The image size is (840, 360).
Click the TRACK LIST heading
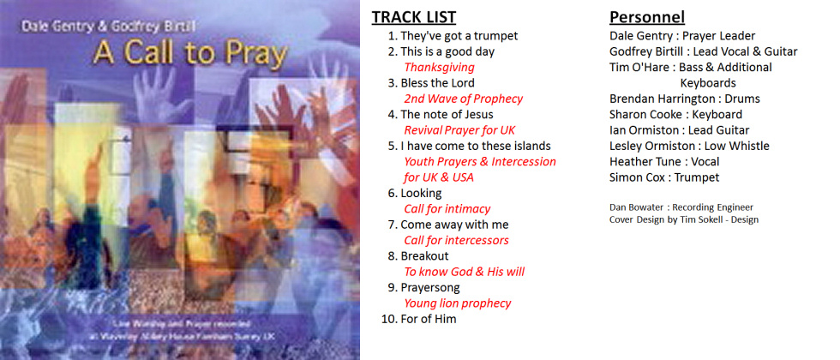[414, 17]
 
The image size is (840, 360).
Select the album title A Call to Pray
[189, 54]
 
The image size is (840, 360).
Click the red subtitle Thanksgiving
[439, 67]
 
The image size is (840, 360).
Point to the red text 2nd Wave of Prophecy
[463, 99]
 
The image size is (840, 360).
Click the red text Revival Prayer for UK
[459, 130]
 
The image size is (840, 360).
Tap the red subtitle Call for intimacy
[447, 208]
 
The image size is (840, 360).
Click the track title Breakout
[424, 255]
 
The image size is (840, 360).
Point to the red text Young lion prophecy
[457, 303]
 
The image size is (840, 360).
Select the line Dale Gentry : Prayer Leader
[682, 36]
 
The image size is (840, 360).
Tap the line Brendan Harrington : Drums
[684, 99]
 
